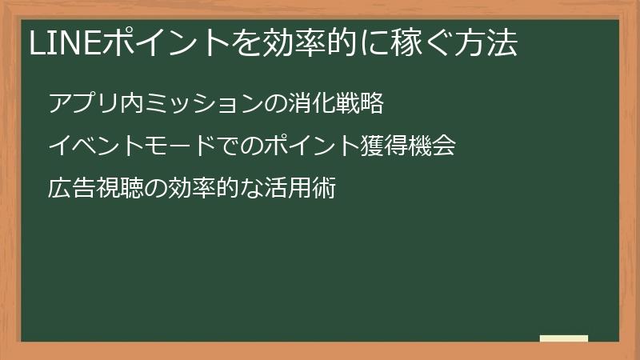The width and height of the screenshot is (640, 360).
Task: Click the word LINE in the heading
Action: tap(60, 44)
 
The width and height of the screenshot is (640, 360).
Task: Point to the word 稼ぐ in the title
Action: tap(405, 44)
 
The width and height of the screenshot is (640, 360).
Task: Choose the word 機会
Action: tap(432, 147)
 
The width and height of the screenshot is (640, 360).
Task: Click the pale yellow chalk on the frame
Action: tap(564, 338)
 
